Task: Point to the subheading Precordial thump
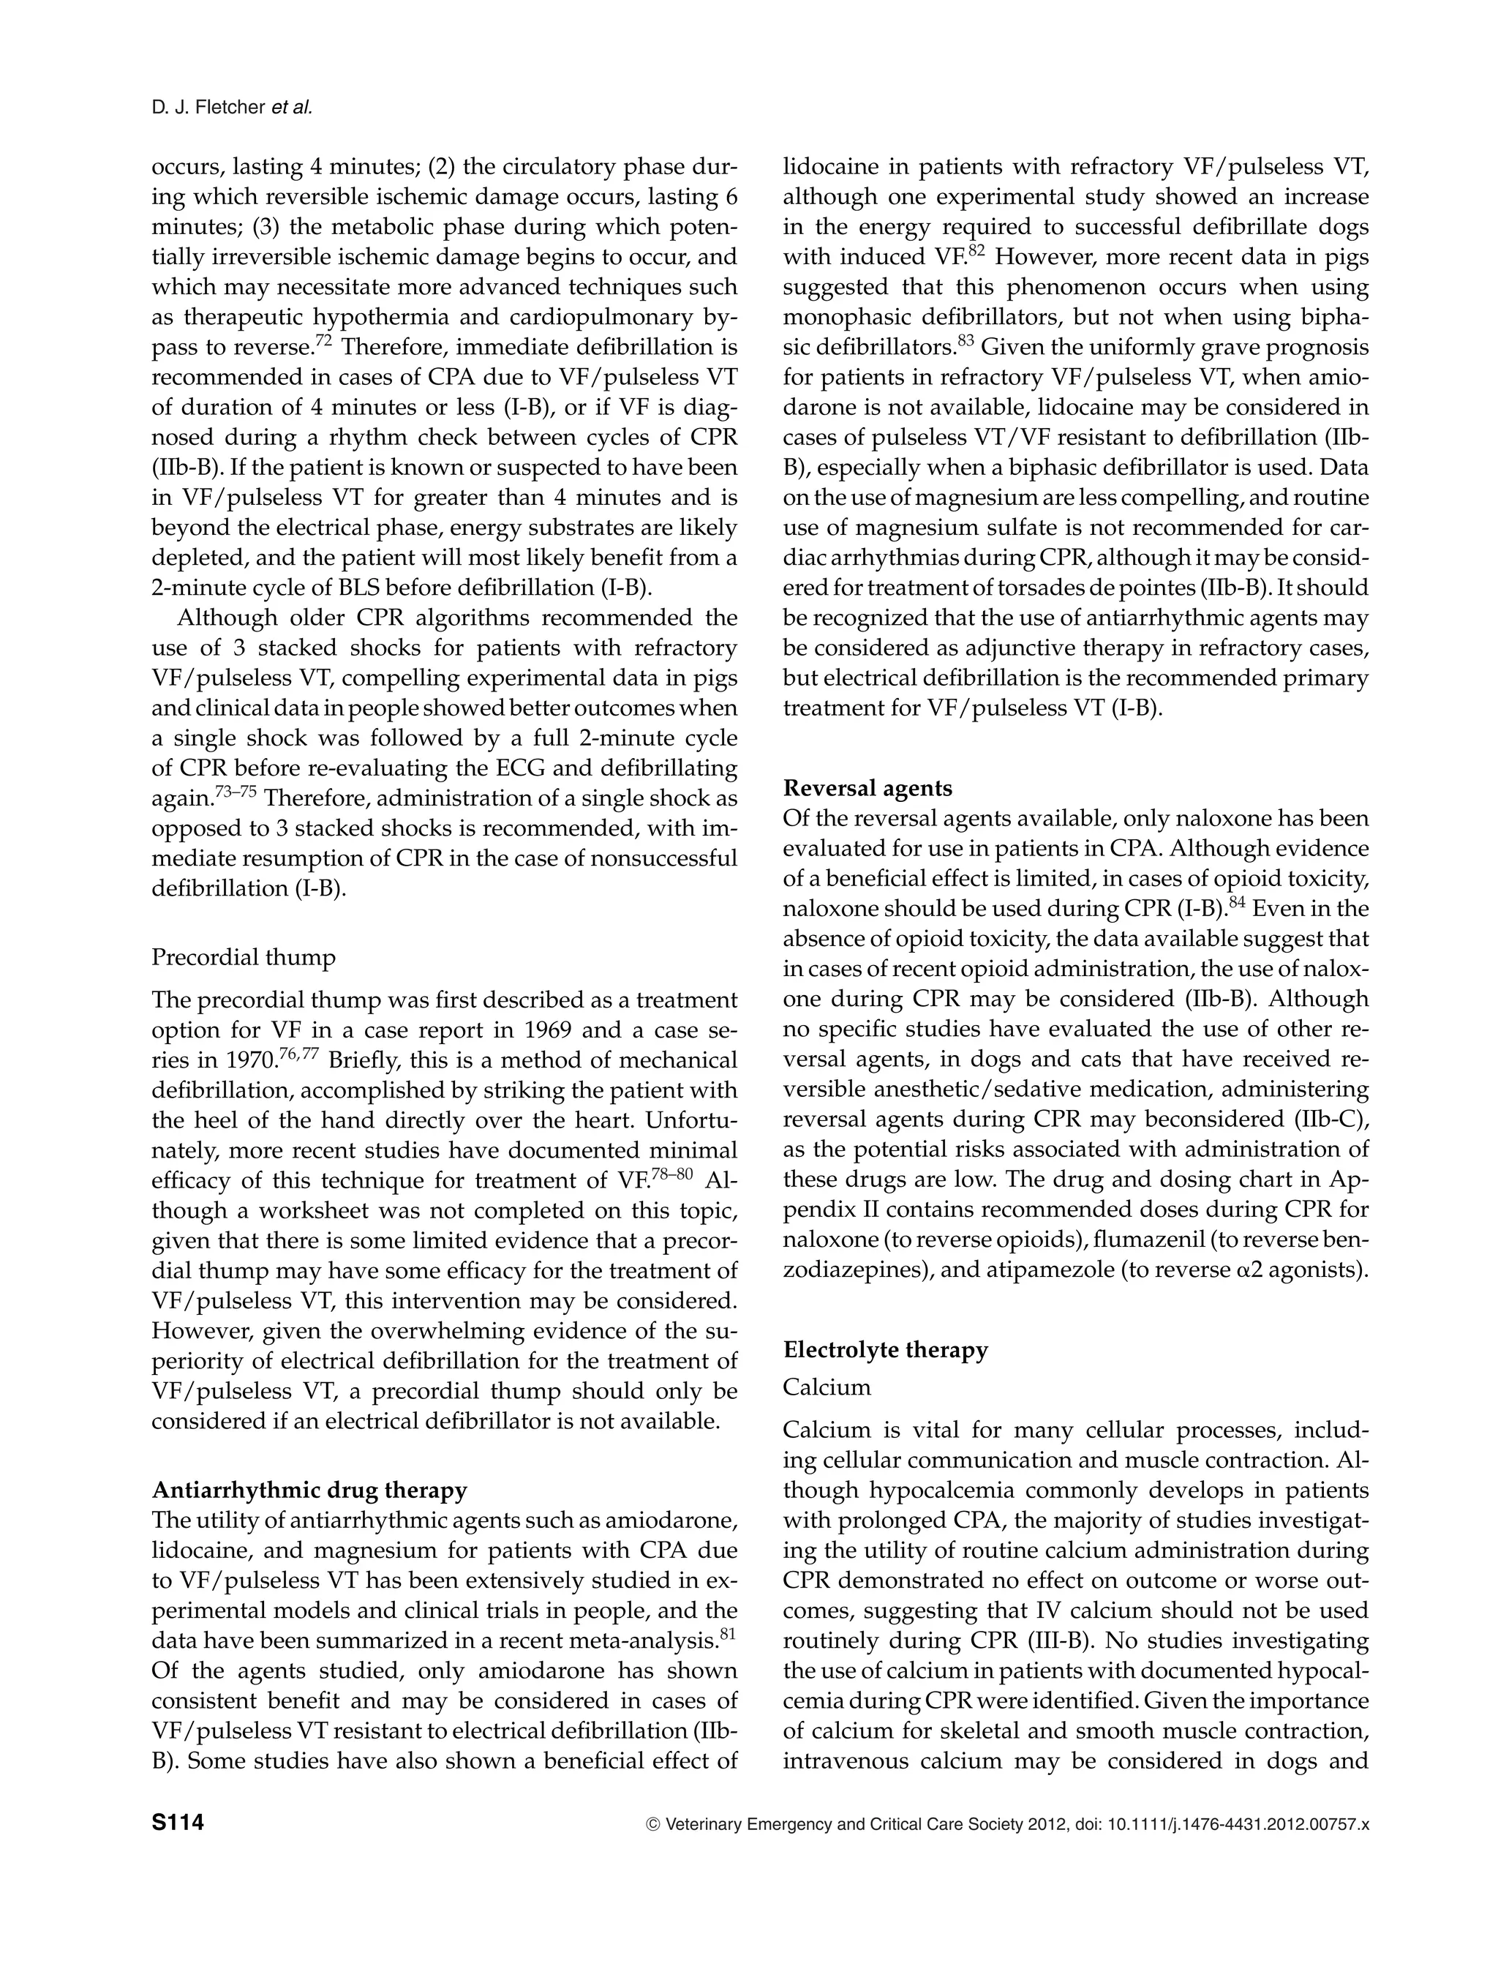244,957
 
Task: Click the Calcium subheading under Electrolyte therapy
827,1387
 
